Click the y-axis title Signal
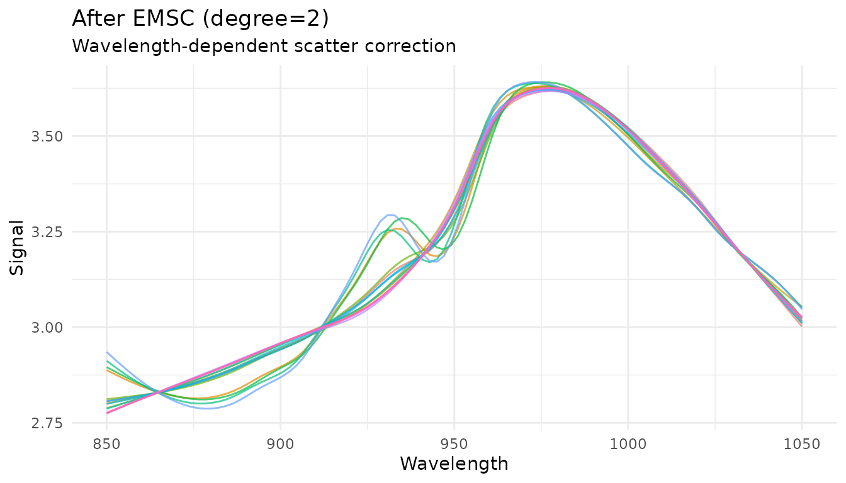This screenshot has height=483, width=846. click(17, 247)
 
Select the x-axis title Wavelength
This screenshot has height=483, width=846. click(454, 464)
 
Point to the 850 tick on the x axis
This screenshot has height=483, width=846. click(106, 445)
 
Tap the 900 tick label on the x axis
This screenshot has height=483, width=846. click(280, 445)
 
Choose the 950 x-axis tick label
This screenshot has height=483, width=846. click(454, 445)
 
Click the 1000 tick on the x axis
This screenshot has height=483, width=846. click(628, 445)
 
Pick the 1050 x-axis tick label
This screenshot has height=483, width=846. click(802, 445)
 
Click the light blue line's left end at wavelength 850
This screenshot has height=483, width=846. click(107, 352)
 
